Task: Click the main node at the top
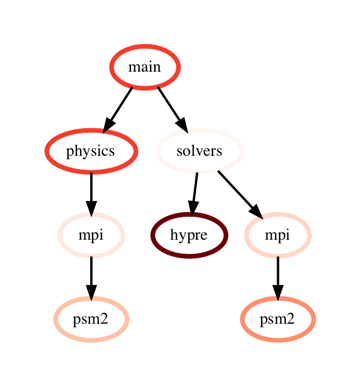click(x=144, y=67)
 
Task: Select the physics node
click(x=91, y=151)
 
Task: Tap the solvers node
click(x=199, y=151)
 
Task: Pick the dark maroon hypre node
click(x=189, y=235)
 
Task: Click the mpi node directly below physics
click(x=91, y=235)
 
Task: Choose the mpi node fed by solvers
click(x=277, y=235)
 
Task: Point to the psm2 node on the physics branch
click(x=91, y=319)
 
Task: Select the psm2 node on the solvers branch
click(x=277, y=319)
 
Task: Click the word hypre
click(x=189, y=235)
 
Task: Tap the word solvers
click(x=199, y=151)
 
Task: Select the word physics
click(x=91, y=151)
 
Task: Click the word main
click(x=144, y=67)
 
